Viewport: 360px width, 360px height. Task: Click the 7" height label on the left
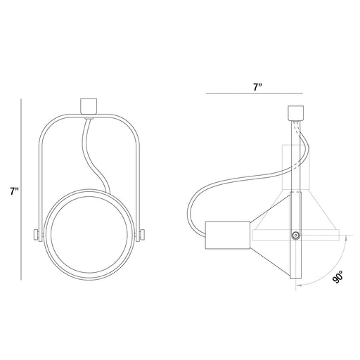14,191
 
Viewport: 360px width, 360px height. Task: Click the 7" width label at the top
257,87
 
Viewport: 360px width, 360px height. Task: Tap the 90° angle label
337,277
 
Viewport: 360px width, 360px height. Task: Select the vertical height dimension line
21,189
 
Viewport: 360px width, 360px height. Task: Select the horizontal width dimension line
255,94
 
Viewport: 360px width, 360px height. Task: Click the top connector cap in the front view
89,106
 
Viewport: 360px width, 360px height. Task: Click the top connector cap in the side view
295,112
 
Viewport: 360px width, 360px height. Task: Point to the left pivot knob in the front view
37,235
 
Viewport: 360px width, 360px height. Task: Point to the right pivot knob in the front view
142,235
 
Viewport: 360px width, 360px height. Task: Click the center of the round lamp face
89,234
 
